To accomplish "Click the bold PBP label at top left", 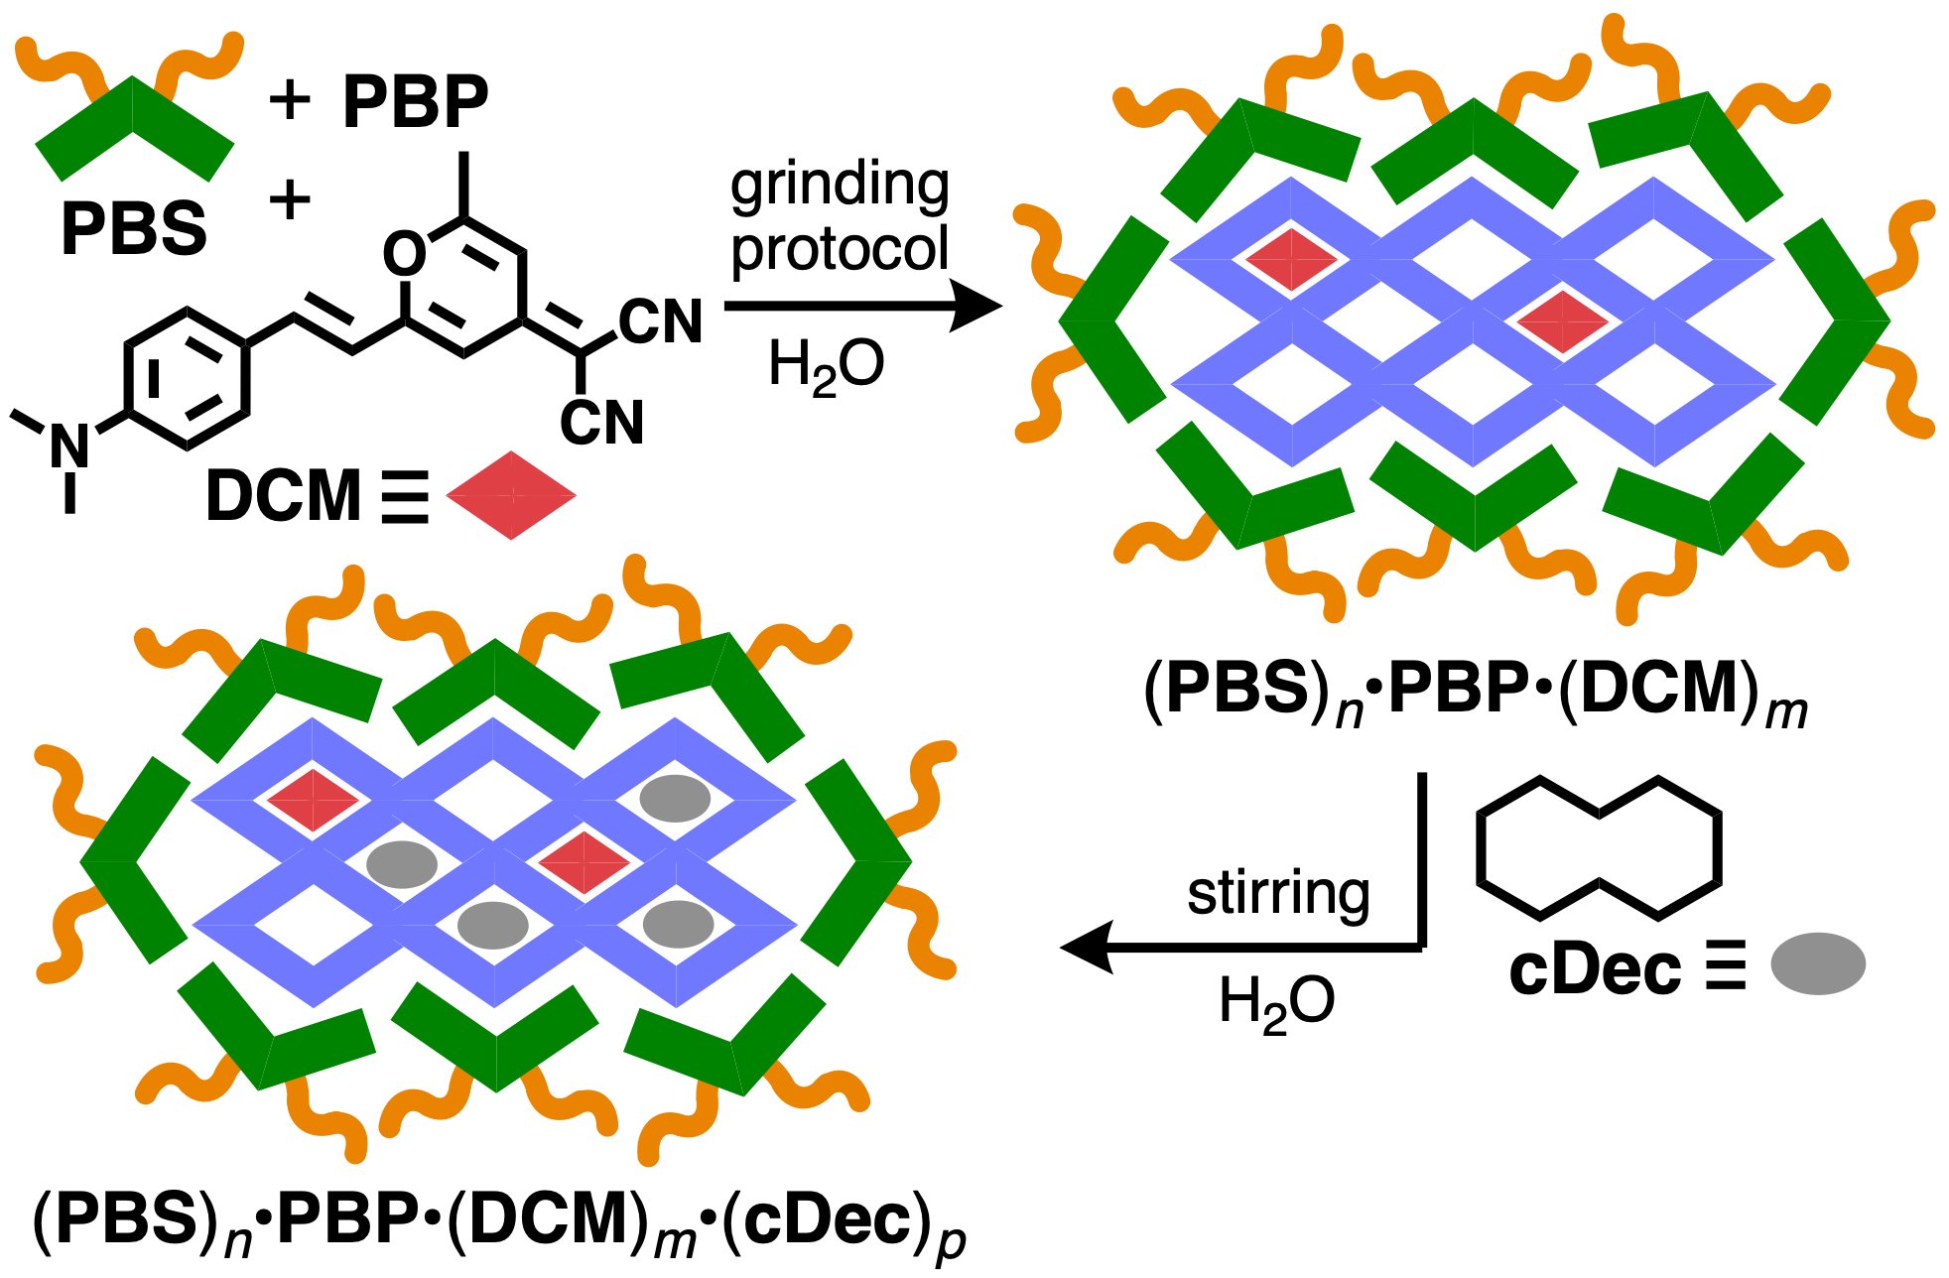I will click(x=415, y=101).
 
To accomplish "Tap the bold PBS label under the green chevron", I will click(x=134, y=228).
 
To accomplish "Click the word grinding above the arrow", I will click(x=840, y=185).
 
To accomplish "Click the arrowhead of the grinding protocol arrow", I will click(x=976, y=306).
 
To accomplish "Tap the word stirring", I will click(x=1278, y=893).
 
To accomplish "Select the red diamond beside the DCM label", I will click(x=511, y=495).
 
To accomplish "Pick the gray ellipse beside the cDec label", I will click(x=1818, y=963).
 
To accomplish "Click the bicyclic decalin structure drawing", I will click(x=1599, y=847).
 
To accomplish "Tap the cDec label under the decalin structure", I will click(x=1595, y=970).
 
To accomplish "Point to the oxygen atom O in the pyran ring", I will click(x=404, y=254).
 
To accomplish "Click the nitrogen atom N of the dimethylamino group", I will click(x=69, y=447).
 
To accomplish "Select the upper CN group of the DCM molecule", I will click(x=660, y=322).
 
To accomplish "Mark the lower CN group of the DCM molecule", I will click(x=601, y=423).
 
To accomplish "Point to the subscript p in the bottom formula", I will click(x=950, y=1244).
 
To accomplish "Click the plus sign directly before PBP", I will click(x=290, y=101).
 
